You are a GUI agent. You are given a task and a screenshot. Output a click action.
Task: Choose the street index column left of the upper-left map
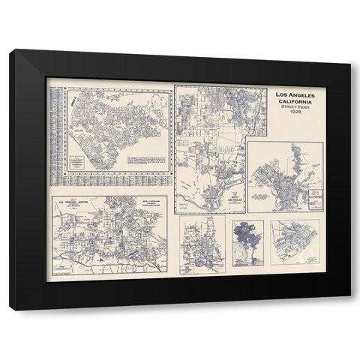55,135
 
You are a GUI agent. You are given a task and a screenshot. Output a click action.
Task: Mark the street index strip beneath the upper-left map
112,181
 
